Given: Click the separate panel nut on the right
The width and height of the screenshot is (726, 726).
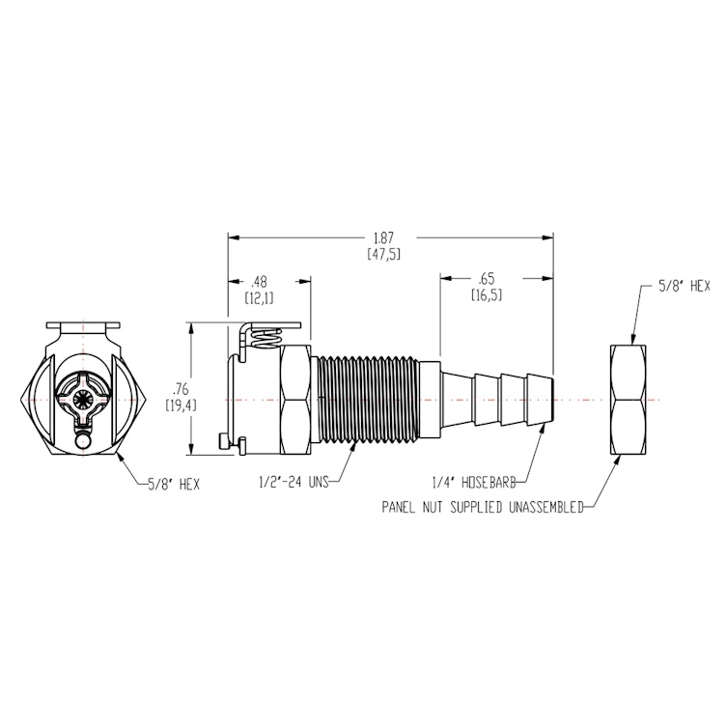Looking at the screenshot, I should click(x=634, y=398).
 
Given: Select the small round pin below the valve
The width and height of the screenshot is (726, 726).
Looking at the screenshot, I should click(x=84, y=442).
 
